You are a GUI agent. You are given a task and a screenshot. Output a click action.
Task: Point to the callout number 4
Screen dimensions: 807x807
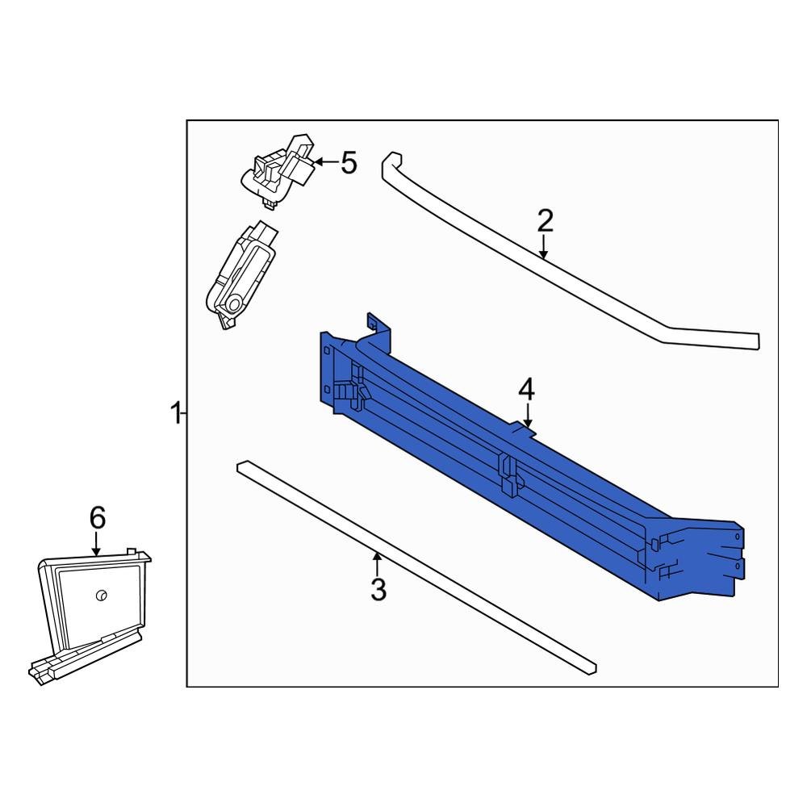point(526,391)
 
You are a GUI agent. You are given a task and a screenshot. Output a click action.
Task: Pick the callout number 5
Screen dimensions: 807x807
point(348,163)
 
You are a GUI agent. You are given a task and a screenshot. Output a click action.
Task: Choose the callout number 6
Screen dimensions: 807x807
point(97,517)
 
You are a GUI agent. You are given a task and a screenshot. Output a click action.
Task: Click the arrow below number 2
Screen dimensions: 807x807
point(545,247)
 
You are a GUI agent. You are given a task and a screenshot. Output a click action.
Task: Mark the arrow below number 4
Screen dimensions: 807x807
point(527,416)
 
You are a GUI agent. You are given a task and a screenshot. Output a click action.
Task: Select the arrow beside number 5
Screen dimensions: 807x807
point(324,163)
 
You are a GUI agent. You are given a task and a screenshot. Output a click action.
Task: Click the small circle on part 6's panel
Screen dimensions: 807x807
point(101,596)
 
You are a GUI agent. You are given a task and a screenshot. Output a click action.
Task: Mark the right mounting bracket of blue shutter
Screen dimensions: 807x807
point(710,557)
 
